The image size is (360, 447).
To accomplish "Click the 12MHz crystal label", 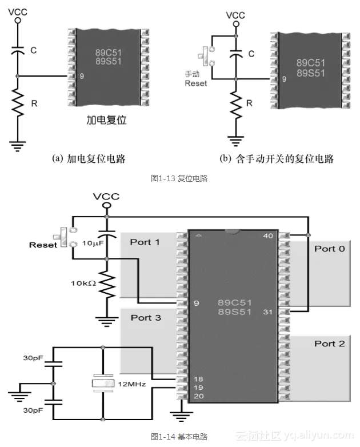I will (x=133, y=384).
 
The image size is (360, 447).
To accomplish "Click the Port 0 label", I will (x=329, y=249).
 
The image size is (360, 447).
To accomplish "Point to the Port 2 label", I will (x=329, y=344).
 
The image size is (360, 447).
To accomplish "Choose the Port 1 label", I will (x=145, y=242).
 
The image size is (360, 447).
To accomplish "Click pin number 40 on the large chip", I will (x=267, y=236).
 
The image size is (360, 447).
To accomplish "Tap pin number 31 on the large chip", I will (x=267, y=312).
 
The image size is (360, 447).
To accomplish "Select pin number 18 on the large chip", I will (x=198, y=379).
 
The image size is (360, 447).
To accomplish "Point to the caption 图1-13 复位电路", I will (x=179, y=178).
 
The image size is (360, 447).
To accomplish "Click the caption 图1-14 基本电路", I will (x=179, y=436).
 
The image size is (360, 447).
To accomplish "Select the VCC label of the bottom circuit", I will (x=106, y=197).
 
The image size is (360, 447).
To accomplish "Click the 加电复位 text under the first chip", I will (x=106, y=122).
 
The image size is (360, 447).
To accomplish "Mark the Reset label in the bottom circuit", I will (x=43, y=245).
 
